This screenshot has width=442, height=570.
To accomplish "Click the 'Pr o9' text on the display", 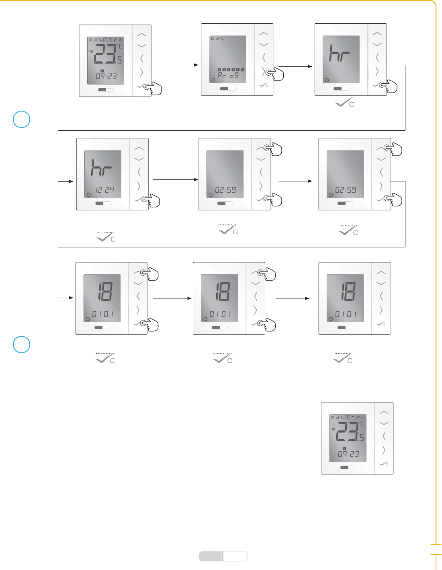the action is [x=228, y=75].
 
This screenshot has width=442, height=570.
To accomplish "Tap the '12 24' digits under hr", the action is [x=104, y=190].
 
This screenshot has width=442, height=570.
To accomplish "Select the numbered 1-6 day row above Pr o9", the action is [x=231, y=70].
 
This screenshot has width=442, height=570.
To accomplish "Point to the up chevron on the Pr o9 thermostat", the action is [x=264, y=34].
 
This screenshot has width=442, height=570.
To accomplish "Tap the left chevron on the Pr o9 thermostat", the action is [x=264, y=57].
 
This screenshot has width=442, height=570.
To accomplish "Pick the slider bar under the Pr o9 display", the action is [x=228, y=88].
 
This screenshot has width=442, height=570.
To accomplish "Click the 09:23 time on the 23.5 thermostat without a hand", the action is [x=348, y=454].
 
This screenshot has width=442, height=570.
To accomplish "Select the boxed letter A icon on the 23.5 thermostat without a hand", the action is [x=348, y=418].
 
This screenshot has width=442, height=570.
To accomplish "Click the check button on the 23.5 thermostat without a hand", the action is [x=384, y=464].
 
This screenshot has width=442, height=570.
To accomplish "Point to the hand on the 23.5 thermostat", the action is [x=154, y=88].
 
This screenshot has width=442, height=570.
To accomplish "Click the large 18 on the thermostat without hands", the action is [x=348, y=292].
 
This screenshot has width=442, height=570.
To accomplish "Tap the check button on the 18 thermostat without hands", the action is [x=381, y=324].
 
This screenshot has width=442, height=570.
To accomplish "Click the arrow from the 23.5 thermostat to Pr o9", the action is [x=176, y=64].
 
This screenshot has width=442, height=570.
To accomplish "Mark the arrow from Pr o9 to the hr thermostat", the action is [x=295, y=66].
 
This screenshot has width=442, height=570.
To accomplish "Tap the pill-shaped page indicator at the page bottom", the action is [x=223, y=556].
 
